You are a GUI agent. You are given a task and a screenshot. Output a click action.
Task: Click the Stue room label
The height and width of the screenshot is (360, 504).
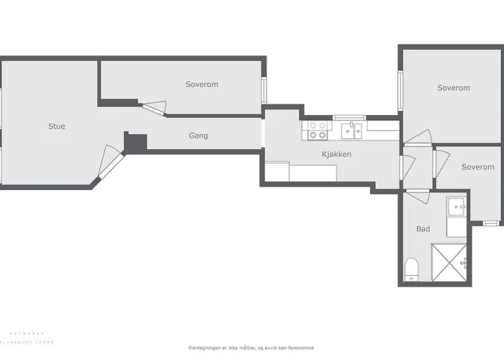pyautogui.click(x=56, y=126)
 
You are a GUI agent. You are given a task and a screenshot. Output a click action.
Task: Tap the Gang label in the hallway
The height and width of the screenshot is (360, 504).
pyautogui.click(x=199, y=135)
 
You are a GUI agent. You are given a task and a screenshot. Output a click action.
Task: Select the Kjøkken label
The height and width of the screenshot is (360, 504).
pyautogui.click(x=336, y=154)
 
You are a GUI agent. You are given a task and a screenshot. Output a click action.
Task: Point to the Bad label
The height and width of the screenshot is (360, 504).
pyautogui.click(x=423, y=229)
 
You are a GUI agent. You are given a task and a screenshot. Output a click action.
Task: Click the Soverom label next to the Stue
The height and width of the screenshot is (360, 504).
pyautogui.click(x=202, y=84)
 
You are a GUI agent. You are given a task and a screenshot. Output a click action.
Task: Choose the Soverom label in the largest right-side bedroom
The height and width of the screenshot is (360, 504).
pyautogui.click(x=454, y=88)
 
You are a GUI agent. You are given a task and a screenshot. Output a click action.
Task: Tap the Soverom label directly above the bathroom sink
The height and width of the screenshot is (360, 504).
pyautogui.click(x=478, y=167)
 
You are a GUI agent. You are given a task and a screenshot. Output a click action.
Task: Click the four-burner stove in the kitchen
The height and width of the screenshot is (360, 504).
pyautogui.click(x=318, y=130)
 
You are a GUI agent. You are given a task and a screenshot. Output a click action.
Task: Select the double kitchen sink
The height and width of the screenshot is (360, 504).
pyautogui.click(x=352, y=130)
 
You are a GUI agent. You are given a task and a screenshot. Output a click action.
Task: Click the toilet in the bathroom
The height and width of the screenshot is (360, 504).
pyautogui.click(x=412, y=270)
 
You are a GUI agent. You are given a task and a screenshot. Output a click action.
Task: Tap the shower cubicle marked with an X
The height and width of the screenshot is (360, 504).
pyautogui.click(x=449, y=262)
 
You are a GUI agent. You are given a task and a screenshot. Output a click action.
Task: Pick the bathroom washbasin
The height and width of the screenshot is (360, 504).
pyautogui.click(x=456, y=208)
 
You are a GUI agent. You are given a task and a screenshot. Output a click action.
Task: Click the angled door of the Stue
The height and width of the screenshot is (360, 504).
pyautogui.click(x=110, y=162)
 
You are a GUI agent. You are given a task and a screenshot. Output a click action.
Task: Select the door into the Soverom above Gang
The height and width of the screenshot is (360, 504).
pyautogui.click(x=154, y=109)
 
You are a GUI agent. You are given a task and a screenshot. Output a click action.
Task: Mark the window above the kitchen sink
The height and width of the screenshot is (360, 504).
pyautogui.click(x=350, y=117)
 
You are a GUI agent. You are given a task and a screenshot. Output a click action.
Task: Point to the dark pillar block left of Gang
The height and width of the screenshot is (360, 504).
pyautogui.click(x=135, y=142)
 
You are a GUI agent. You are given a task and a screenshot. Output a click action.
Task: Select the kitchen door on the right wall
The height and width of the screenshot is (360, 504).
pyautogui.click(x=407, y=167)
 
